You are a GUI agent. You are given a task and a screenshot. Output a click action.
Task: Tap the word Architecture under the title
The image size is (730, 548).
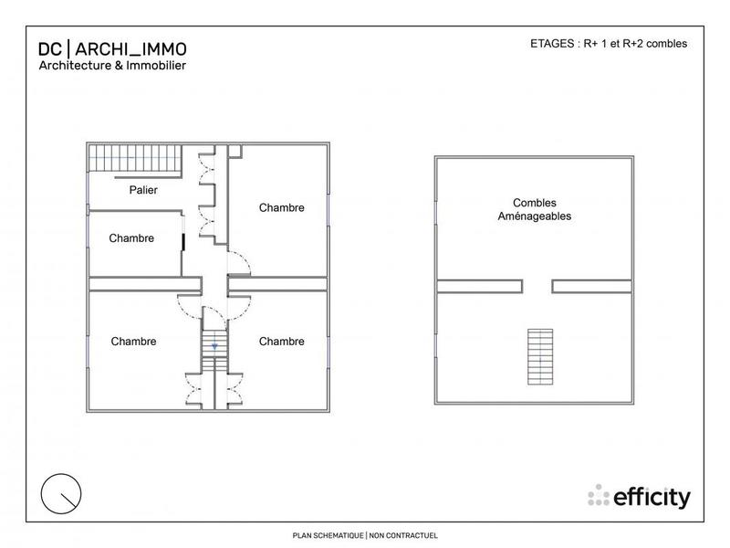pyautogui.click(x=76, y=66)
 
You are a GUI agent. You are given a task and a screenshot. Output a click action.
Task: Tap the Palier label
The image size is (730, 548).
pyautogui.click(x=142, y=191)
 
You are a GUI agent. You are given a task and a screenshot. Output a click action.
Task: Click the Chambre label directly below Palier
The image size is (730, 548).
pyautogui.click(x=131, y=238)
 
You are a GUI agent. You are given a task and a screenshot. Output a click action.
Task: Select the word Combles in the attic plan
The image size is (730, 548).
pyautogui.click(x=535, y=203)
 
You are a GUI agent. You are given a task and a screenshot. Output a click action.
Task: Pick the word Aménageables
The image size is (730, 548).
pyautogui.click(x=535, y=216)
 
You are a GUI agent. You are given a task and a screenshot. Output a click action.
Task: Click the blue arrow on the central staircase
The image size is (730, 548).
pyautogui.click(x=214, y=347)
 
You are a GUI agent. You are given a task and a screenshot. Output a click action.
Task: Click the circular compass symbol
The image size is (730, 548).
pyautogui.click(x=62, y=494)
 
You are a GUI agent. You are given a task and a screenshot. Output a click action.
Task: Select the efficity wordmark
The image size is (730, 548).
pyautogui.click(x=652, y=497)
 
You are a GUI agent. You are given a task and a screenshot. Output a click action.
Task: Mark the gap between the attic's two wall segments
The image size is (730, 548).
pyautogui.click(x=538, y=286)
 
